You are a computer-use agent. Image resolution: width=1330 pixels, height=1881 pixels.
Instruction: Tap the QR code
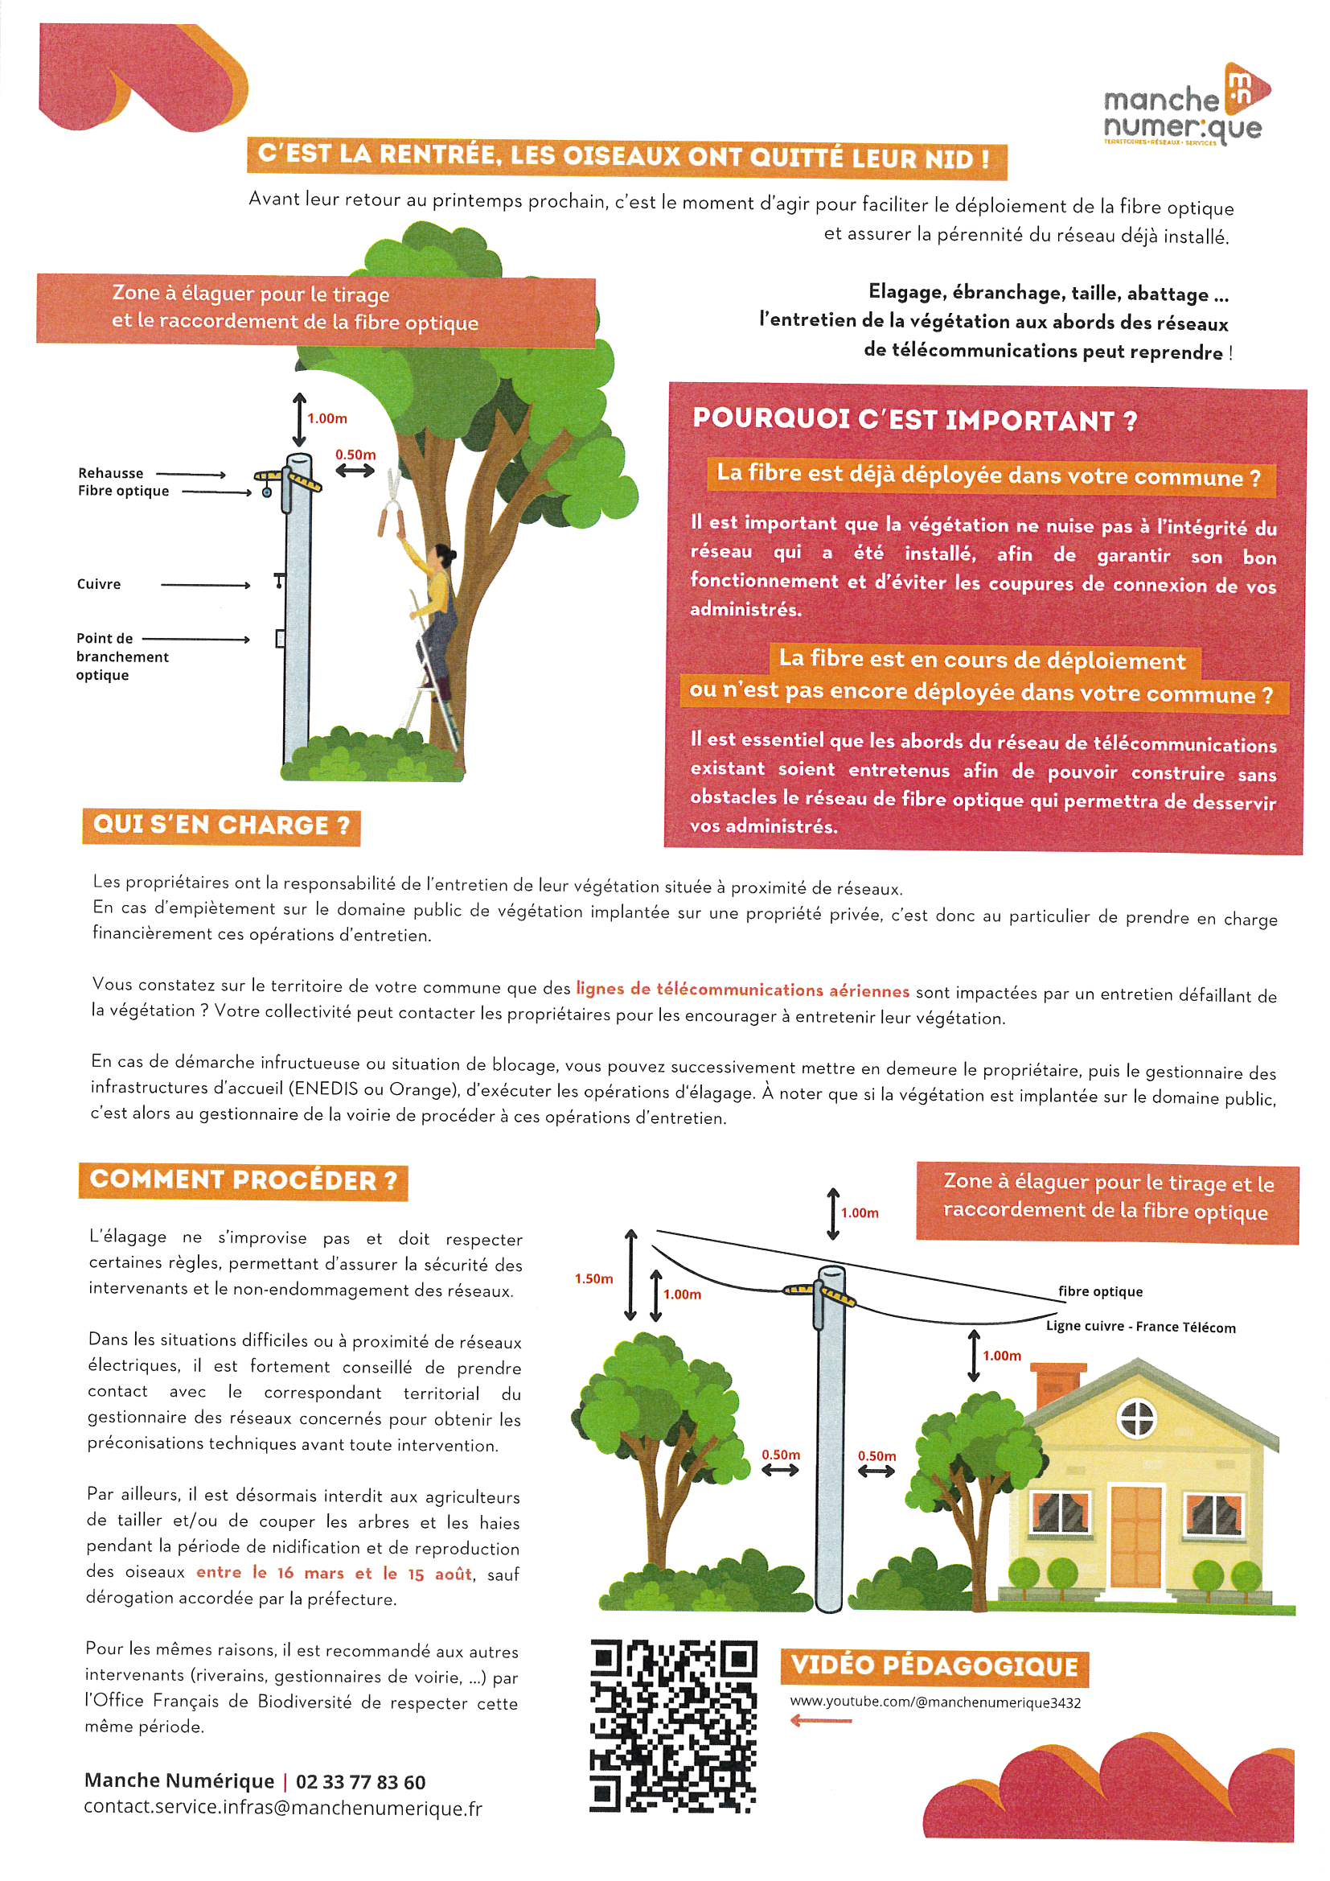pyautogui.click(x=672, y=1727)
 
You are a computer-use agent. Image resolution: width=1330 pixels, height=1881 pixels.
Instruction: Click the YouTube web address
pyautogui.click(x=934, y=1702)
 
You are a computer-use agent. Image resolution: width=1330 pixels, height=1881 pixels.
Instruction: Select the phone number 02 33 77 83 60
pyautogui.click(x=360, y=1782)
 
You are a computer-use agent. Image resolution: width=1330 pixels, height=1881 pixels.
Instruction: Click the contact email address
pyautogui.click(x=282, y=1808)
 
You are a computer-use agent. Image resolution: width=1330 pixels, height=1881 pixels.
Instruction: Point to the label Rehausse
pyautogui.click(x=110, y=473)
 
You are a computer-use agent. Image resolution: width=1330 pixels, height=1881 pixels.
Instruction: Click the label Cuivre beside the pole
pyautogui.click(x=99, y=584)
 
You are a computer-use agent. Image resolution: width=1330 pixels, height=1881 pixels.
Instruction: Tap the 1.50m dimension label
pyautogui.click(x=593, y=1279)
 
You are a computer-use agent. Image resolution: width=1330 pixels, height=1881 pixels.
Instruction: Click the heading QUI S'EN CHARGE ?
pyautogui.click(x=221, y=825)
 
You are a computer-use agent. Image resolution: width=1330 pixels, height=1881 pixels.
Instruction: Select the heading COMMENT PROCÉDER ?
pyautogui.click(x=243, y=1180)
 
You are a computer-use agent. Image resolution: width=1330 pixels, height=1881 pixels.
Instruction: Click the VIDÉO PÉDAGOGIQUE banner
pyautogui.click(x=934, y=1666)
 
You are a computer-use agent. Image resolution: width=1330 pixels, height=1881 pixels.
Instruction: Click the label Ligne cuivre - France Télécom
pyautogui.click(x=1140, y=1327)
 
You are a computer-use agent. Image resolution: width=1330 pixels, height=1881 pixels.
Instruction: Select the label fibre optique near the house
pyautogui.click(x=1100, y=1292)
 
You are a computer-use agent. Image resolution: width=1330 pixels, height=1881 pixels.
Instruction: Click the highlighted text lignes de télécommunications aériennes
pyautogui.click(x=742, y=990)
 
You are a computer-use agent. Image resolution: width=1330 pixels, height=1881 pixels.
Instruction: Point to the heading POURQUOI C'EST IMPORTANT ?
pyautogui.click(x=915, y=419)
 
